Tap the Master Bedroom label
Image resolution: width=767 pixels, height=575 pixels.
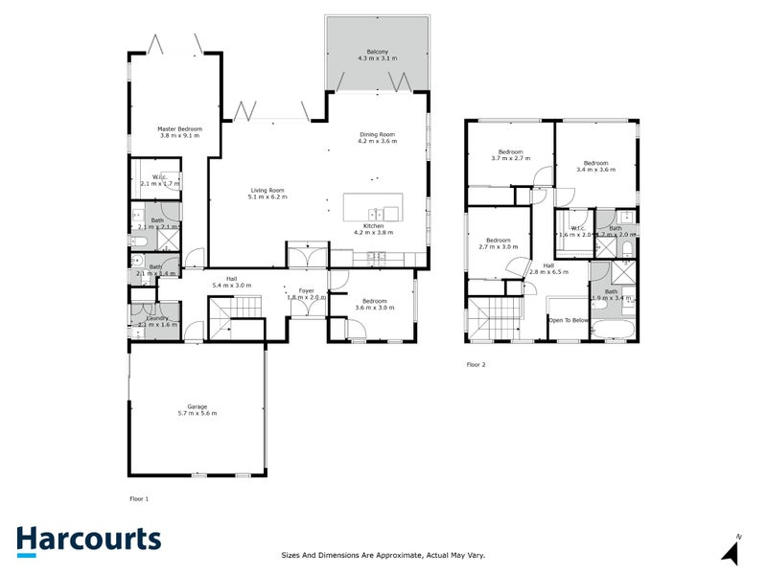pos(180,128)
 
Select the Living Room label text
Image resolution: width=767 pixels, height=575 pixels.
pos(267,191)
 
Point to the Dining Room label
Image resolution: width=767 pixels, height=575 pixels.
pos(377,134)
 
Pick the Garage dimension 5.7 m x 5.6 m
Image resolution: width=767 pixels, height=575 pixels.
pos(197,413)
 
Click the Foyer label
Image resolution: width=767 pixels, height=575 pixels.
pos(307,291)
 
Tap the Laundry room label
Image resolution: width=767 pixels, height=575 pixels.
pos(159,318)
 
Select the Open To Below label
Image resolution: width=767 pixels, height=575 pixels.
pos(569,320)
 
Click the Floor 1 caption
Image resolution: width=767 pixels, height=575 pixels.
pos(139,498)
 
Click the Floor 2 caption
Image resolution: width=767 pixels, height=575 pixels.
pos(476,364)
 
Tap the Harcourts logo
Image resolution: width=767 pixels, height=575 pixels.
pos(87,540)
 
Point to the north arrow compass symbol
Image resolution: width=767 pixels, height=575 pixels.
pos(732,551)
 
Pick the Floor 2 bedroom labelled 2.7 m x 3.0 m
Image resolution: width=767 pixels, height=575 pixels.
pos(498,242)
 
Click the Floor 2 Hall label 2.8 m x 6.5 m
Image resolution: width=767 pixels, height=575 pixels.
pos(549,268)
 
